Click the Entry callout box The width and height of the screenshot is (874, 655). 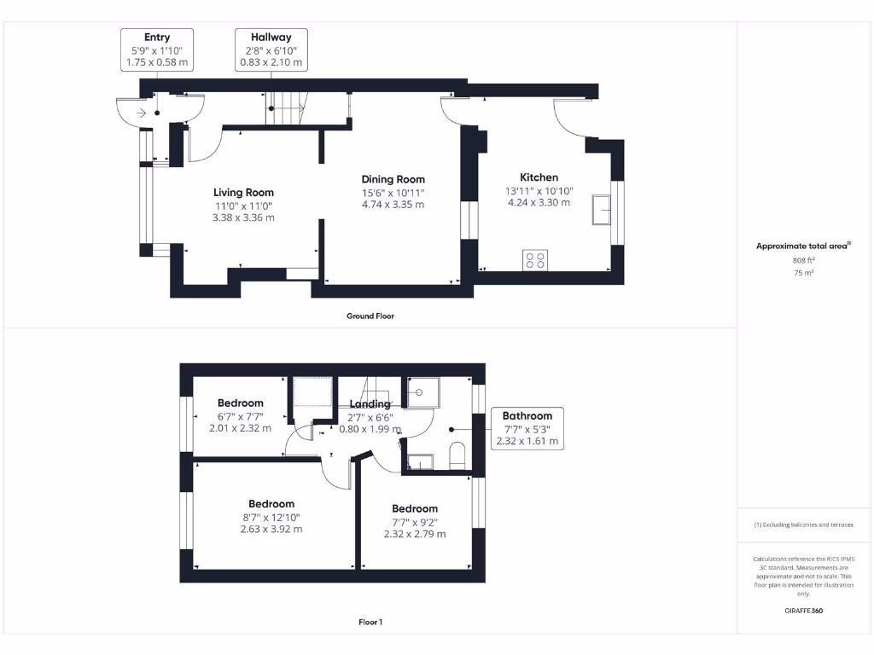157,49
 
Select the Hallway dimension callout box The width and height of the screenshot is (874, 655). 271,49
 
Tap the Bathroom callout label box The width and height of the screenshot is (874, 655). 527,428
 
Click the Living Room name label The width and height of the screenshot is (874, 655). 243,193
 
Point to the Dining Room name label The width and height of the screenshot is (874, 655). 393,179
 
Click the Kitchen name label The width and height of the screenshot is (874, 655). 540,177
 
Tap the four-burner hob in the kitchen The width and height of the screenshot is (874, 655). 535,259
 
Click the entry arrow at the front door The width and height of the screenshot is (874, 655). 140,112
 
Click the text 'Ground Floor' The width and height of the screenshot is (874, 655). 370,316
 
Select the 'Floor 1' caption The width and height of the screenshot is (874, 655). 370,623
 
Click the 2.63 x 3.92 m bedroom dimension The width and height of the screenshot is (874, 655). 271,529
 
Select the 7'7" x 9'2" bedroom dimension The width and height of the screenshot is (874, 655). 414,522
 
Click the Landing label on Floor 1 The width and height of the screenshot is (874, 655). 370,403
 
